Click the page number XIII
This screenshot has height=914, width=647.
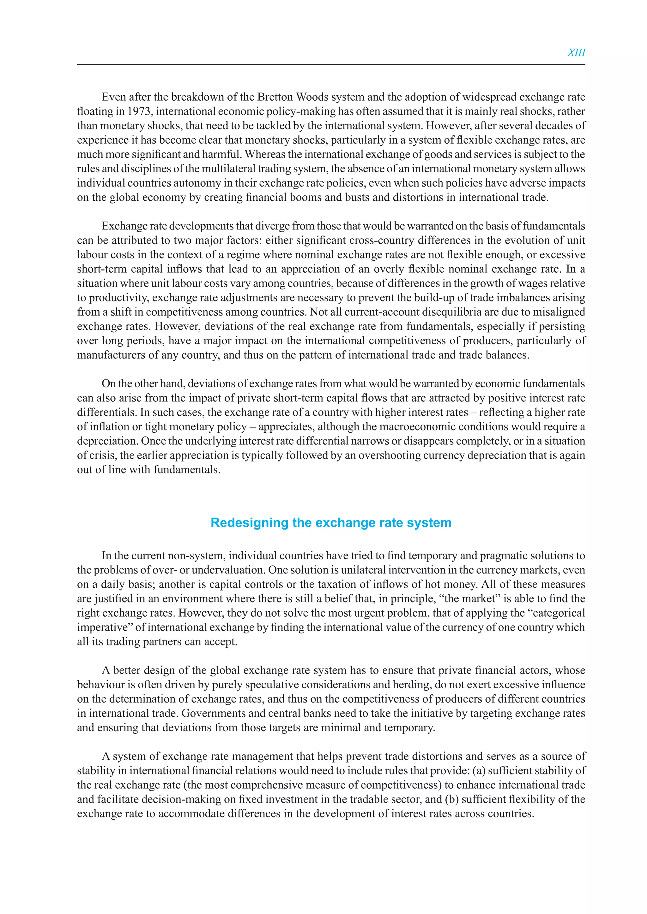tap(576, 52)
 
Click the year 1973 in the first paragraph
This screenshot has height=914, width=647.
tap(139, 111)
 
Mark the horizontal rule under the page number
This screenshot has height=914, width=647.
tap(331, 64)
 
